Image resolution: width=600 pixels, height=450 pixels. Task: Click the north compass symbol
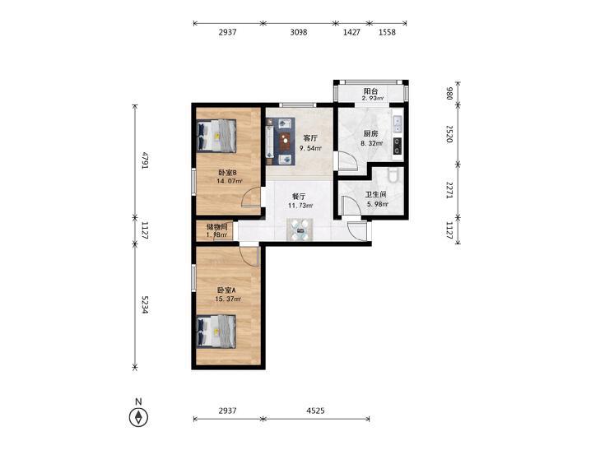(138, 417)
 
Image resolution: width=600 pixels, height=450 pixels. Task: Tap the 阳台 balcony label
(370, 91)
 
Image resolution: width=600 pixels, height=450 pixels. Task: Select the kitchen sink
(398, 123)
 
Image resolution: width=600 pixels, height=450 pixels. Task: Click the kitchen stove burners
(398, 146)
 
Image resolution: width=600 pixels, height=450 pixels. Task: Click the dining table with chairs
(300, 230)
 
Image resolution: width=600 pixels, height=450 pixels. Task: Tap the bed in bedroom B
(216, 136)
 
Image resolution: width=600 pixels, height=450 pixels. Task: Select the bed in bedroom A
(216, 332)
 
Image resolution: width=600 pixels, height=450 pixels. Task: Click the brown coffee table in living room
(285, 141)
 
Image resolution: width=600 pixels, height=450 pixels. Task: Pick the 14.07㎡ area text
(229, 181)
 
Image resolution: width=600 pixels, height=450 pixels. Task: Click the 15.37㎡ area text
(228, 299)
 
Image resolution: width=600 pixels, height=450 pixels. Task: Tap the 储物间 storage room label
(216, 227)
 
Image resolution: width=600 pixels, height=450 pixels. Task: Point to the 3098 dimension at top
(298, 33)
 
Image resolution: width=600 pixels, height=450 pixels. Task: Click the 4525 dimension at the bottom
(315, 411)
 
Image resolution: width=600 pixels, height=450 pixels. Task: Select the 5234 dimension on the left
(145, 304)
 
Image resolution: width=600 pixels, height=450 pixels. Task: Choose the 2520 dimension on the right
(449, 134)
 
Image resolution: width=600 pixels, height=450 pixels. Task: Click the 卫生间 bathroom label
(375, 195)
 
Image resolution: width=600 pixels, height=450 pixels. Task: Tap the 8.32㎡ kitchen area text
(372, 144)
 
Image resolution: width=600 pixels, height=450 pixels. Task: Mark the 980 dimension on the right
(449, 93)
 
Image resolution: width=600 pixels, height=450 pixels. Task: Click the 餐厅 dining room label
(299, 197)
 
